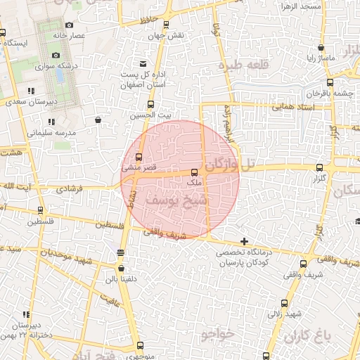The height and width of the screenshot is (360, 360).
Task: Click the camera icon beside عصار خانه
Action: pyautogui.click(x=69, y=25)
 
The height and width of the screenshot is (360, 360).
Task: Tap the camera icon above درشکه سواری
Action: pyautogui.click(x=56, y=56)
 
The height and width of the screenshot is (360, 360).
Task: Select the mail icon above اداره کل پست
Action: pyautogui.click(x=143, y=64)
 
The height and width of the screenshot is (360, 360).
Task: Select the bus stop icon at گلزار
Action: pyautogui.click(x=321, y=168)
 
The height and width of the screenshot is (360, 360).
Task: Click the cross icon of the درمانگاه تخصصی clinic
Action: pyautogui.click(x=244, y=242)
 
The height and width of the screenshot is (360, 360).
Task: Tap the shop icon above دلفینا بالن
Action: pyautogui.click(x=121, y=268)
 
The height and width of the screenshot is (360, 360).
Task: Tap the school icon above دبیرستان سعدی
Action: pyautogui.click(x=31, y=91)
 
